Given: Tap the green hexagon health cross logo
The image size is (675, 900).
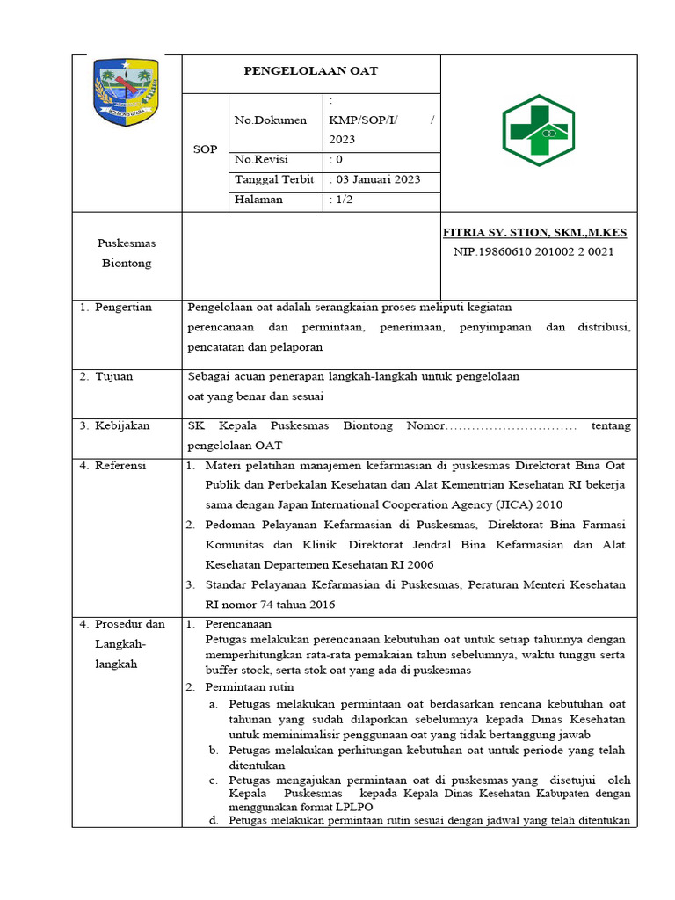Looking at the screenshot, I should pyautogui.click(x=538, y=131).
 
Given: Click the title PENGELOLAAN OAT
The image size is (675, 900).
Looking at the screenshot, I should pyautogui.click(x=311, y=71).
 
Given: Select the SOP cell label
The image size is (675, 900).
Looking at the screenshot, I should pyautogui.click(x=205, y=149).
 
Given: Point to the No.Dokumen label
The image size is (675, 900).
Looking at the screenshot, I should pyautogui.click(x=271, y=120).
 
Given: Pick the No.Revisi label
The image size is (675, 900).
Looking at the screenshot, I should pyautogui.click(x=261, y=160).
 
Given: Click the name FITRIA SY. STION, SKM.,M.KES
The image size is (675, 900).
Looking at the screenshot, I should pyautogui.click(x=534, y=233).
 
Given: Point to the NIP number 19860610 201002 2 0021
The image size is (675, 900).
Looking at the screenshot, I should pyautogui.click(x=533, y=251).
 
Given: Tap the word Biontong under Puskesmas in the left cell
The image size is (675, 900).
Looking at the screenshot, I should pyautogui.click(x=127, y=263).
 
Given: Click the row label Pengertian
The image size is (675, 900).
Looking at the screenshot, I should pyautogui.click(x=123, y=307).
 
